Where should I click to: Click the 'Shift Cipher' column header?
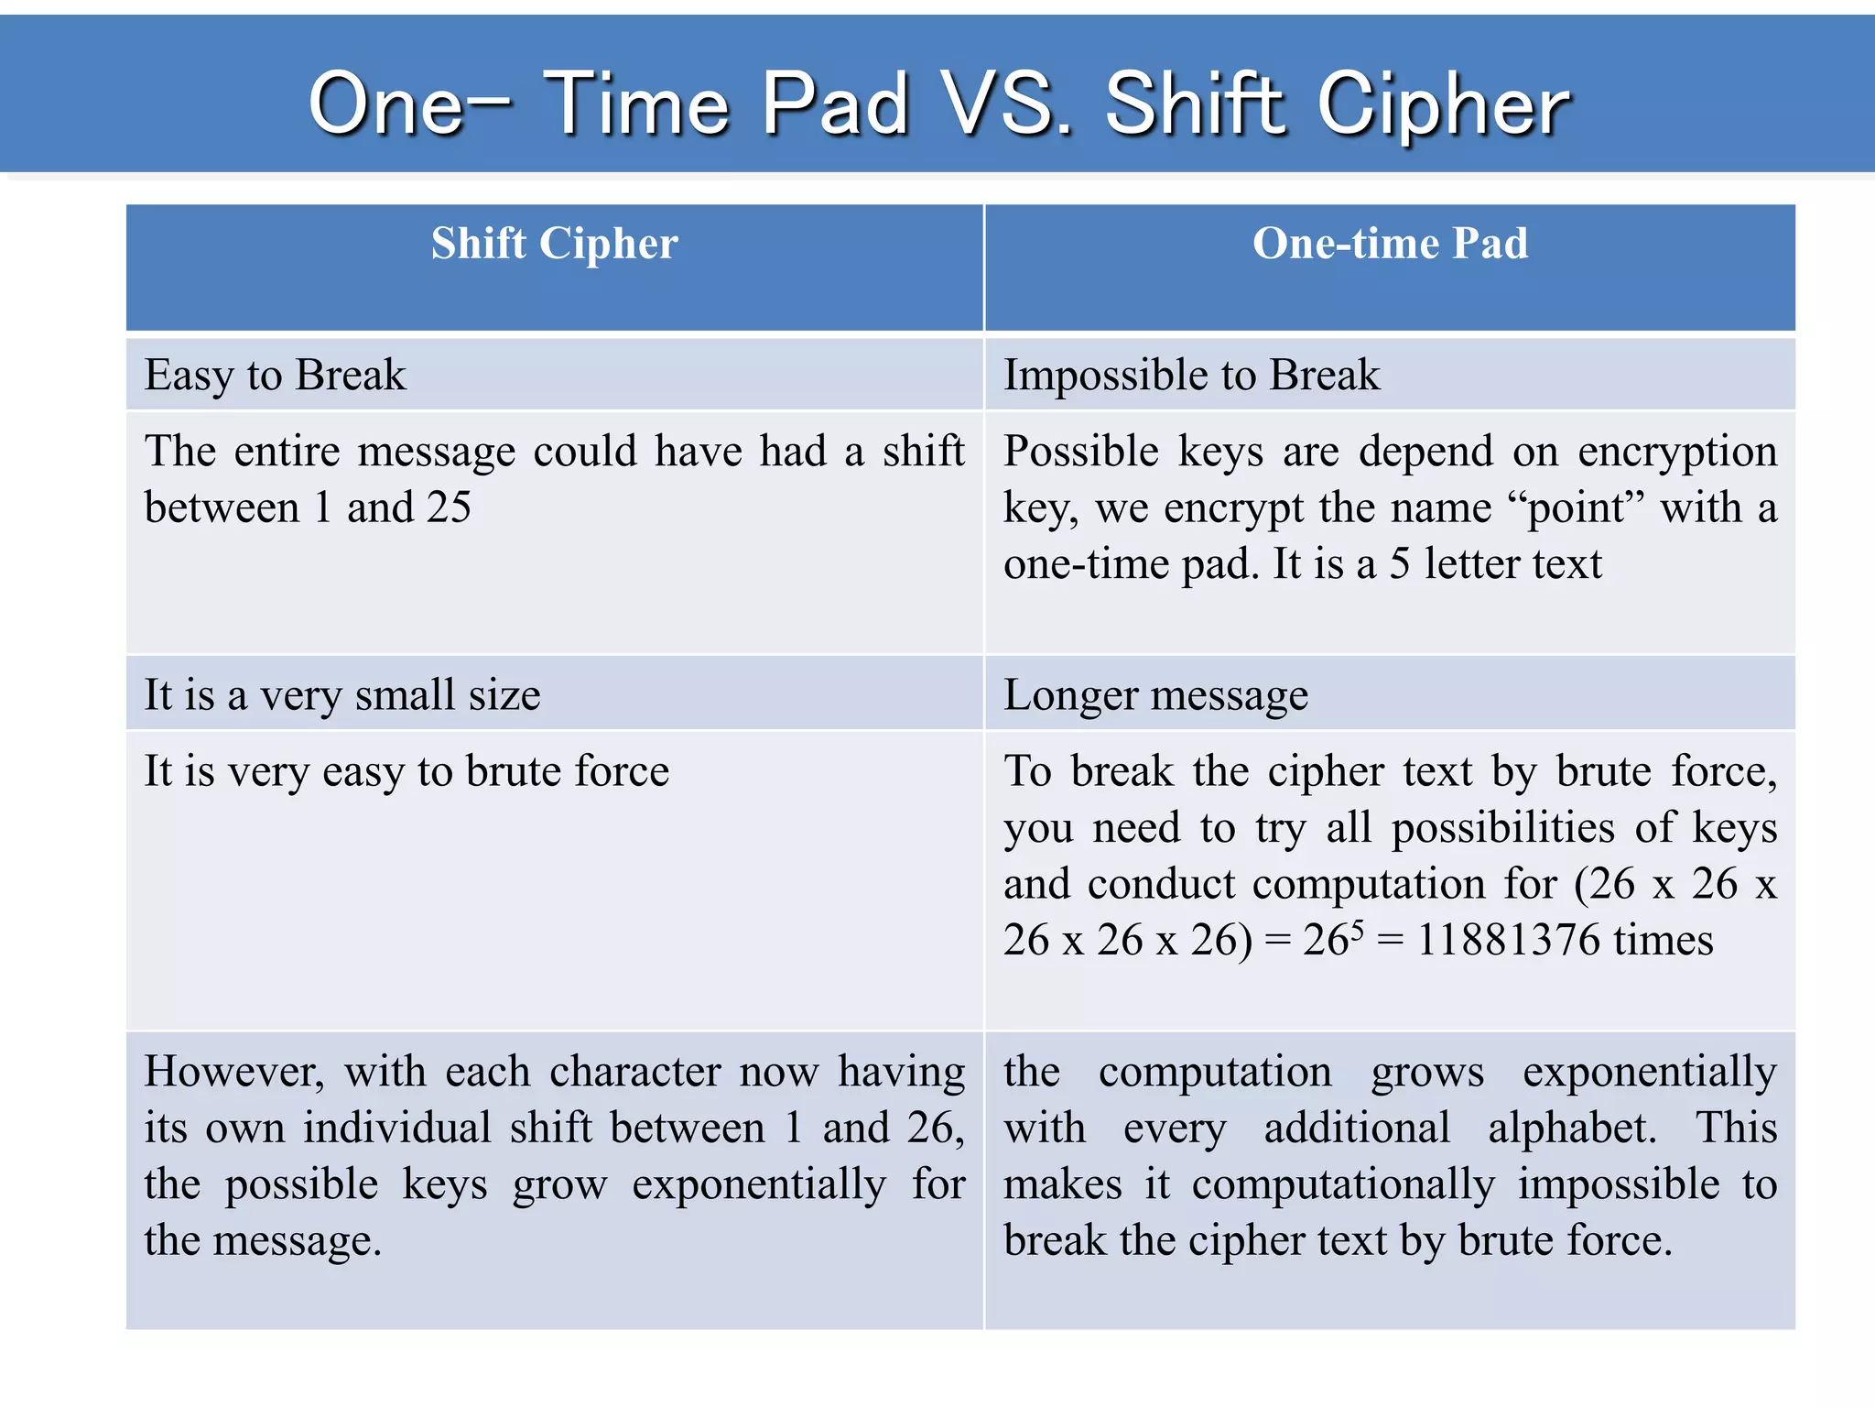coord(555,244)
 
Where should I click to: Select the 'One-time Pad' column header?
coord(1390,244)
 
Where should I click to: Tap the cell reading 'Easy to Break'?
coord(276,375)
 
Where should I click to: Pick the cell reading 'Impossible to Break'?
coord(1191,375)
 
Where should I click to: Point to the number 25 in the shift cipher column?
coord(449,507)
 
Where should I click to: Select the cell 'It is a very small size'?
coord(342,694)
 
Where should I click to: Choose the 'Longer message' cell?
coord(1155,694)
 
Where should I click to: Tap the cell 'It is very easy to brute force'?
coord(406,770)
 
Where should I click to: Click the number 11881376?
coord(1509,940)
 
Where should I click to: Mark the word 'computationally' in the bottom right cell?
coord(1343,1183)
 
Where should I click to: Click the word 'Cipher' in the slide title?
coord(1443,104)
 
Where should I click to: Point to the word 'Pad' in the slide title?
coord(836,104)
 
